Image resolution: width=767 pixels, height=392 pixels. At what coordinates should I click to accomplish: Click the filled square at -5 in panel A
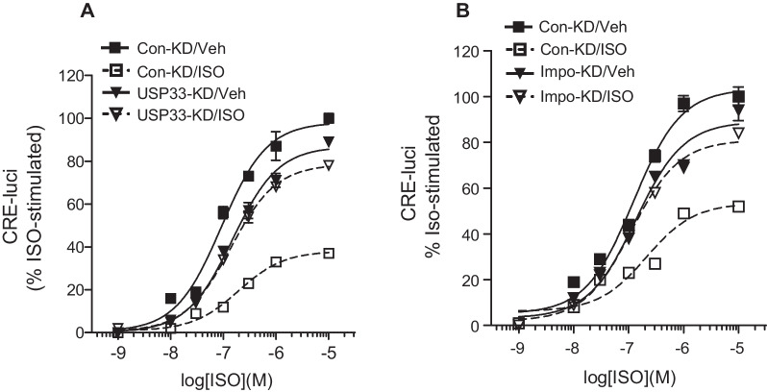(329, 118)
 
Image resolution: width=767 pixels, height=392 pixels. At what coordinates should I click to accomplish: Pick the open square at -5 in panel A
(329, 253)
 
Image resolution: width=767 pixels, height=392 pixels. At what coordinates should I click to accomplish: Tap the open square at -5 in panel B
(738, 207)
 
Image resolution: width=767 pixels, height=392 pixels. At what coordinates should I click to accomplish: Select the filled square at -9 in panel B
(518, 323)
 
